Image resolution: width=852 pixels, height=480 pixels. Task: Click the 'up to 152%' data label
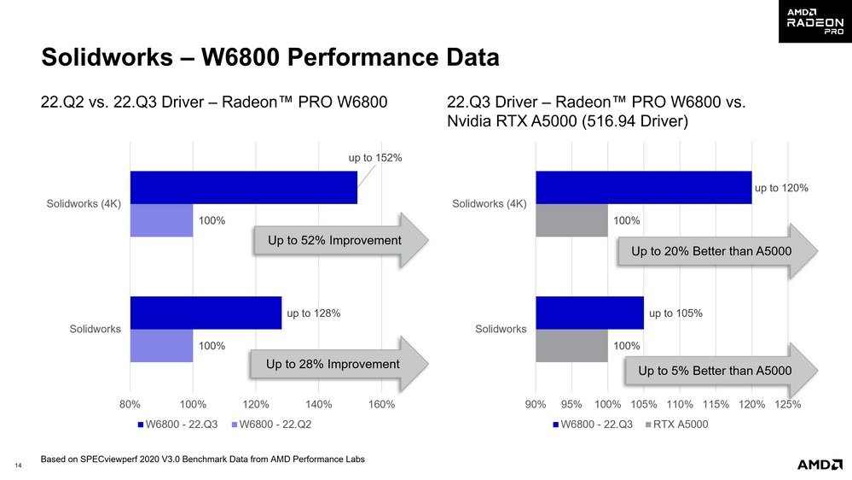point(374,157)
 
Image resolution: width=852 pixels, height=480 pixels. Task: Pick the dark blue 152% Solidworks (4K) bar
point(243,188)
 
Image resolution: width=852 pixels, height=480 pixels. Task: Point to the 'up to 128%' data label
point(314,313)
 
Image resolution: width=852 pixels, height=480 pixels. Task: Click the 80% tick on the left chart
point(130,405)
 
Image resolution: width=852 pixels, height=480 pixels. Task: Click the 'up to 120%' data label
point(780,188)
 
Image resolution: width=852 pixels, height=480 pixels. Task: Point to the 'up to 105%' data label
point(675,313)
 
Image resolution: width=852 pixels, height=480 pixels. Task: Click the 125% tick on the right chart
point(788,405)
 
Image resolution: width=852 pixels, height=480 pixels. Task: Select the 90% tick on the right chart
point(536,405)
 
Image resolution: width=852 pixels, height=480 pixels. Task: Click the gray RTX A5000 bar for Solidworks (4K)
point(571,220)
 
